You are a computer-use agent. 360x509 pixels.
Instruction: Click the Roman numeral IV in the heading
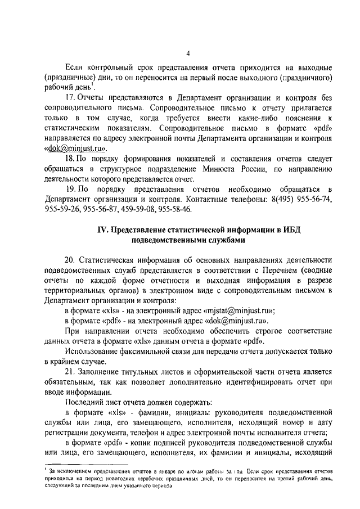103,230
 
